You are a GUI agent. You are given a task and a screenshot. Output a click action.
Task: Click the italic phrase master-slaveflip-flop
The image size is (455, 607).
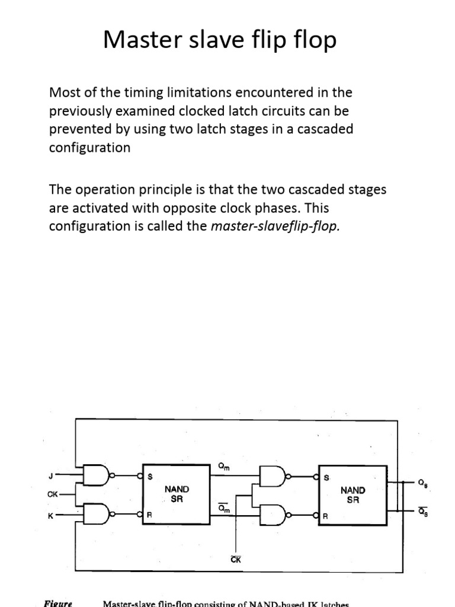pos(275,226)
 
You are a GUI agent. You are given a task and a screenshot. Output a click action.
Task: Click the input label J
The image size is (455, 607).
pos(51,475)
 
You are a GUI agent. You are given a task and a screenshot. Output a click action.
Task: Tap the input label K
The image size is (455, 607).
pos(51,516)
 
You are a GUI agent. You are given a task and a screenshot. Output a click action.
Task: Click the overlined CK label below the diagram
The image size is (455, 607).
pos(236,559)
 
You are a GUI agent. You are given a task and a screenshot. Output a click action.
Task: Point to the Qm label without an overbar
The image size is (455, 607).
pos(224,467)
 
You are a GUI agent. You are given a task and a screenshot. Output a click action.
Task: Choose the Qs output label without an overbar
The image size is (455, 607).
pos(422,484)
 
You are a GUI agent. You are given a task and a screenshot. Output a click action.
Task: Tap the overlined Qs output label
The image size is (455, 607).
pos(422,513)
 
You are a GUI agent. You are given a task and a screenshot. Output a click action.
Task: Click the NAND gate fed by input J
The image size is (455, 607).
pos(97,474)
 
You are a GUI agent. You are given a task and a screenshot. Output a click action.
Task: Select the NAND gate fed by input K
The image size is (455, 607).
pos(97,515)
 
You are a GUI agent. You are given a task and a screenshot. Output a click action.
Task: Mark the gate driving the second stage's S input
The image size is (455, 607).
pos(273,475)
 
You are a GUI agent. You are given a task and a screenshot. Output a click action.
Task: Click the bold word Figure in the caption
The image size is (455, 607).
pos(58,603)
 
